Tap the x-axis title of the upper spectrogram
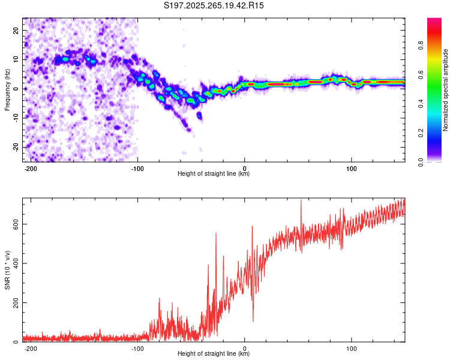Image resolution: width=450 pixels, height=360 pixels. pos(214,174)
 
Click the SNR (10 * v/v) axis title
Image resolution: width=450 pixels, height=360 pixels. pos(7,270)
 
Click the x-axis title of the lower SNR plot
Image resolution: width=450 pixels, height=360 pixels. pos(214,354)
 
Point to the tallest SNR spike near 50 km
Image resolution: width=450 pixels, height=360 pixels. pos(301,201)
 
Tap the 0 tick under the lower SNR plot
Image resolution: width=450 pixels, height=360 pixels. pos(245,349)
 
